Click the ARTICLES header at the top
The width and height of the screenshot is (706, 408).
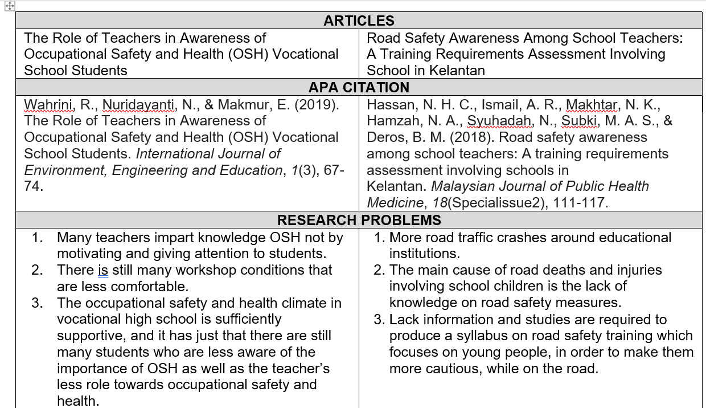(x=359, y=21)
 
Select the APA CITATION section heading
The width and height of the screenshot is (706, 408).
(x=359, y=87)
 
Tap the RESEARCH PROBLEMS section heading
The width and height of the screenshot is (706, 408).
(x=359, y=220)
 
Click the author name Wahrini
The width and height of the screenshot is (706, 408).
(x=49, y=104)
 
